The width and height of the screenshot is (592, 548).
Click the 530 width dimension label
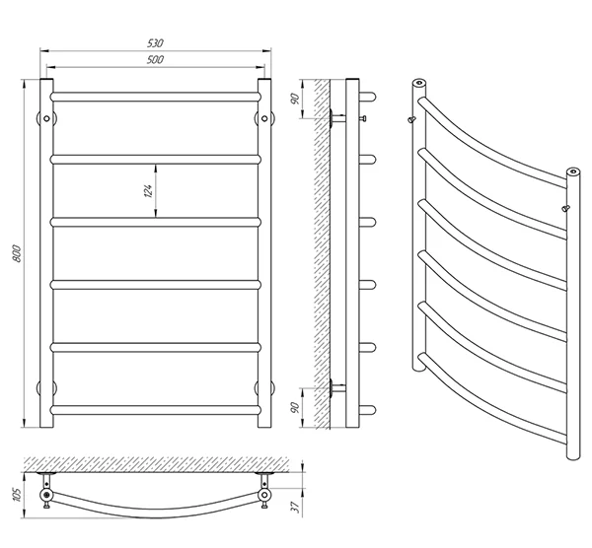tap(155, 43)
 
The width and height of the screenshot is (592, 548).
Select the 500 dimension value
tap(155, 59)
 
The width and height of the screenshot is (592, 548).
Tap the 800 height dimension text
tap(17, 253)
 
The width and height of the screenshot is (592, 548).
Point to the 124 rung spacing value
tap(148, 191)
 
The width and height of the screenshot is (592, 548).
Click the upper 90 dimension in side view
tap(295, 99)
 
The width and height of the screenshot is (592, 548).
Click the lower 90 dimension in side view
tap(295, 408)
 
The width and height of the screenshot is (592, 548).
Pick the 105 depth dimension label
tap(18, 495)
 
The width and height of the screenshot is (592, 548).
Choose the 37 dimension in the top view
tap(296, 507)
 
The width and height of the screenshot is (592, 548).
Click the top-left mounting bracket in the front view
tap(46, 118)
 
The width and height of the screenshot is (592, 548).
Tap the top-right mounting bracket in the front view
tap(264, 118)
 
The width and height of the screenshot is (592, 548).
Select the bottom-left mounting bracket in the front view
tap(46, 388)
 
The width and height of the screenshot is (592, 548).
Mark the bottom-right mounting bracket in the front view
tap(264, 388)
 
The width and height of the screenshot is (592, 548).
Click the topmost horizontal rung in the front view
tap(156, 97)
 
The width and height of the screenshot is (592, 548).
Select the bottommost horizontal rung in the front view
tap(156, 410)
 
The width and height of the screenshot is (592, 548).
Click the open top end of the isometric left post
tap(418, 82)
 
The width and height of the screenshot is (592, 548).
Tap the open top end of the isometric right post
tap(573, 171)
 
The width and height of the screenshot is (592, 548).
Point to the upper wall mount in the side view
tap(337, 118)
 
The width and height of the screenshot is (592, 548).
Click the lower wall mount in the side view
tap(337, 387)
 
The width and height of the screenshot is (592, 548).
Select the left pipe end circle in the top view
tap(46, 495)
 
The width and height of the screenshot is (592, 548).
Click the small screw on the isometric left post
tap(411, 120)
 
